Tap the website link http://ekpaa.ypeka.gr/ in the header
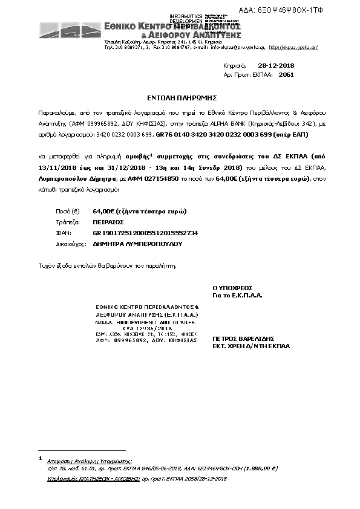coord(293,47)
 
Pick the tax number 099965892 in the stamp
coord(129,340)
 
